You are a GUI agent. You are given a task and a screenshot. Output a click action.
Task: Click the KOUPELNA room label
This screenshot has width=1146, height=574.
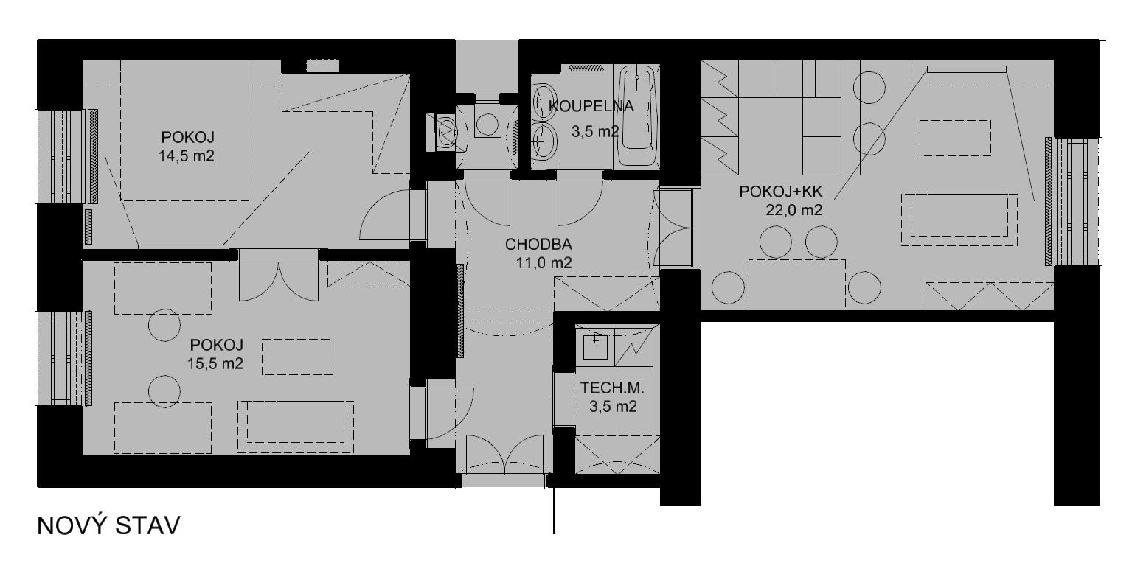point(591,106)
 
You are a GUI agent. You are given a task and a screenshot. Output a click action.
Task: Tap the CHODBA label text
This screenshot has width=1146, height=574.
point(538,245)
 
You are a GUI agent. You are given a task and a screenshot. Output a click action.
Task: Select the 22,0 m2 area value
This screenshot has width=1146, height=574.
point(793,210)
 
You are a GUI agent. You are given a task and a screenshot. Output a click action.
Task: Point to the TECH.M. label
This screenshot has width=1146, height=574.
point(612,388)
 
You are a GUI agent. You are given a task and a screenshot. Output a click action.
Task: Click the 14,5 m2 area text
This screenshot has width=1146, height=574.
point(187,156)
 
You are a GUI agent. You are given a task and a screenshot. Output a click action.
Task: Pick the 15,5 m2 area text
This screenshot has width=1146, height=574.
point(215,363)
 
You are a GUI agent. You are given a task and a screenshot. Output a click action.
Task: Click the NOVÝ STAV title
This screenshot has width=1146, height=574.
point(108,526)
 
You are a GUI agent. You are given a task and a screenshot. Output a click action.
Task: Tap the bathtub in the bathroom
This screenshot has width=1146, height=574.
point(637,116)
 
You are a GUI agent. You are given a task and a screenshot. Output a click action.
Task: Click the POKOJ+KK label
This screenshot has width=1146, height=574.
point(781,192)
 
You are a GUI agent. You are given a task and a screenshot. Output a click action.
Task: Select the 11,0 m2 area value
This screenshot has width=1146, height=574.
point(544,263)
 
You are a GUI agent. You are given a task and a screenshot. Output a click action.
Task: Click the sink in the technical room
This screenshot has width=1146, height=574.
point(595,346)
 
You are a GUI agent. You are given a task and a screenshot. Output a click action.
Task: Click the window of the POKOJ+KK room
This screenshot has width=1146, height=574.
point(1073,201)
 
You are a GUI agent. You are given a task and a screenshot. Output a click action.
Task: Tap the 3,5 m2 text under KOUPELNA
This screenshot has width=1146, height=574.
point(595,132)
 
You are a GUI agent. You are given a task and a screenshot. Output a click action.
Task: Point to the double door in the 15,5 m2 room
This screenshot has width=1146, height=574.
point(279,281)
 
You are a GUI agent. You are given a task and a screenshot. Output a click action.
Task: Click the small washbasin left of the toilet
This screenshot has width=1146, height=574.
point(446,132)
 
